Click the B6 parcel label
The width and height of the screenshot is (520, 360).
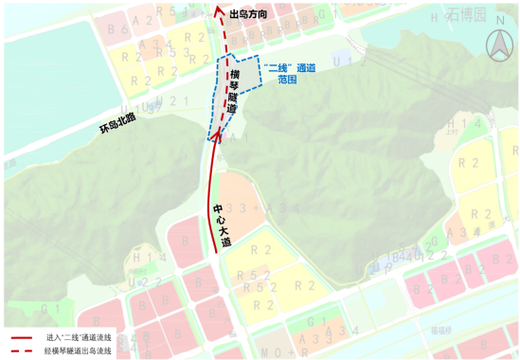click(118, 29)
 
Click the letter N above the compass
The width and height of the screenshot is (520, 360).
click(496, 39)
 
